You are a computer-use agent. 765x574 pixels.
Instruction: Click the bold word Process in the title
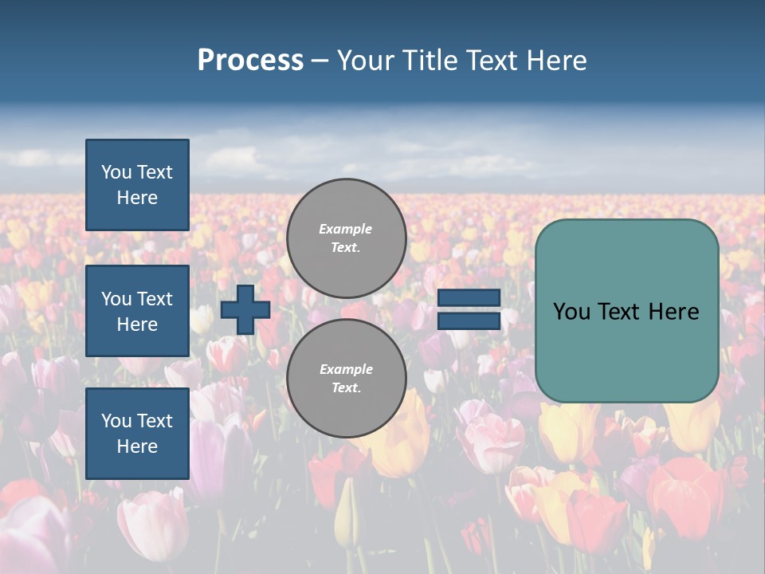(250, 61)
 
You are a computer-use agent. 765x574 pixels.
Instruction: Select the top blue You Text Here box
(137, 185)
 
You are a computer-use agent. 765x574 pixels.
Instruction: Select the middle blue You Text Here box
(137, 311)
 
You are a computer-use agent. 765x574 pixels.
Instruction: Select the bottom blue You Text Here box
(137, 433)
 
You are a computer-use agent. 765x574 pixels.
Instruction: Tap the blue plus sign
(245, 309)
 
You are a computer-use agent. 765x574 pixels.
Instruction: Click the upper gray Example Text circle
(346, 238)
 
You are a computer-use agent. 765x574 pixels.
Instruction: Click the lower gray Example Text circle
(346, 379)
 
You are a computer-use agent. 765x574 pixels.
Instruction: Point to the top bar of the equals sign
(469, 297)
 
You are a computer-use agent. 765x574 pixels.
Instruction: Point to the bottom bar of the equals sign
(469, 320)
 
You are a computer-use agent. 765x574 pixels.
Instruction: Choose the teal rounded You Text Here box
(626, 311)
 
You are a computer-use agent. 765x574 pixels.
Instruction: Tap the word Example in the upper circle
(346, 229)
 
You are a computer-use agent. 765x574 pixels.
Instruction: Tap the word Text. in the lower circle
(346, 388)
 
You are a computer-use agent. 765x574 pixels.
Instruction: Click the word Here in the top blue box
(137, 198)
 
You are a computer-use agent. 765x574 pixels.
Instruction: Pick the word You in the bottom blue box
(116, 420)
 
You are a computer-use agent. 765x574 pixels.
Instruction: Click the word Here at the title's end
(558, 61)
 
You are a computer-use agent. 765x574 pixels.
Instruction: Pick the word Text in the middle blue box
(155, 299)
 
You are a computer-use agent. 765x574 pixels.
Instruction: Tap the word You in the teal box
(571, 312)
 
